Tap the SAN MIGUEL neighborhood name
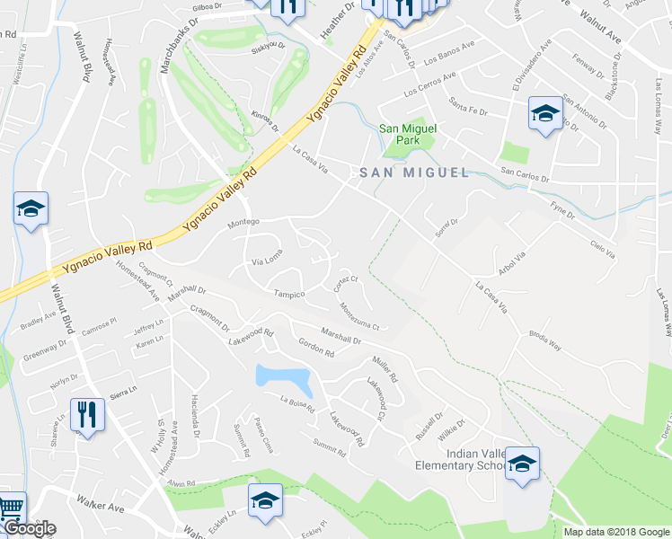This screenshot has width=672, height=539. (x=414, y=172)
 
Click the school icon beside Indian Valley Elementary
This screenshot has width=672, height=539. (x=522, y=465)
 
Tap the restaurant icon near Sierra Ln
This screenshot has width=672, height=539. (x=87, y=416)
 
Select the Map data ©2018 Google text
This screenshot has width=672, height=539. (x=616, y=532)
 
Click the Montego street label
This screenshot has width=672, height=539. (x=243, y=222)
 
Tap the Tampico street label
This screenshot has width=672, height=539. (x=289, y=294)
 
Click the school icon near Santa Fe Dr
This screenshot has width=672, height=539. (x=544, y=114)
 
